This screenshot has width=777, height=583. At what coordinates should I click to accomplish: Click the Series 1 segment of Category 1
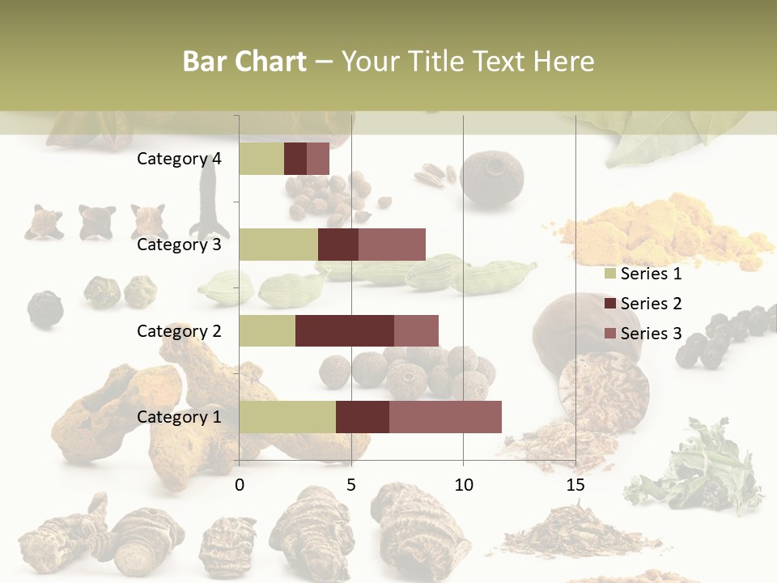[x=287, y=416]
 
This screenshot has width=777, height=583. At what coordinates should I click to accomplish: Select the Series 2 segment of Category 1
[x=363, y=416]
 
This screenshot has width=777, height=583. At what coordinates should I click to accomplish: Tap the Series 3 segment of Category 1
[x=445, y=416]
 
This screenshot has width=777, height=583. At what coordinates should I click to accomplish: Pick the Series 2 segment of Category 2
[x=345, y=330]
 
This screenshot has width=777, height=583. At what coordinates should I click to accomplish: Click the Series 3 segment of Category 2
[x=416, y=330]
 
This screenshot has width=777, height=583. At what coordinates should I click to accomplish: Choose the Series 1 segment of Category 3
[x=278, y=245]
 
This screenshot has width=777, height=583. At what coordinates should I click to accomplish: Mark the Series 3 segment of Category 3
[x=392, y=245]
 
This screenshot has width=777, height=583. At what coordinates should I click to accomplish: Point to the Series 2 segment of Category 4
[x=295, y=159]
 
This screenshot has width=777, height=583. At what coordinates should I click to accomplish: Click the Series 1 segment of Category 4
[x=261, y=159]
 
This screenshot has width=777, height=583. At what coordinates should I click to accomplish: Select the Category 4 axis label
[x=179, y=159]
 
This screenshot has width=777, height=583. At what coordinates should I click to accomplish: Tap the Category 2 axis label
[x=179, y=330]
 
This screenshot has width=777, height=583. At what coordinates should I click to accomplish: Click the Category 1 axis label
[x=179, y=417]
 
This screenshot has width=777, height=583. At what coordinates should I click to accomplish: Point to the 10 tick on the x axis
[x=463, y=485]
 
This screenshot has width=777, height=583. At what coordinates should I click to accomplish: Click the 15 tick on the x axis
[x=575, y=485]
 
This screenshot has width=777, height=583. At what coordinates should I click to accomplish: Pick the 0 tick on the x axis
[x=240, y=485]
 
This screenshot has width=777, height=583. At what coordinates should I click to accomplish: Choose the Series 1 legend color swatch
[x=609, y=274]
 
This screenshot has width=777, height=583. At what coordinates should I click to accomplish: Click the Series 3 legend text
[x=651, y=333]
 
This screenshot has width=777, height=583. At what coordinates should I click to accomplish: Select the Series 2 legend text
[x=651, y=304]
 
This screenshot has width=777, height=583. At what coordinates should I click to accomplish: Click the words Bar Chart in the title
[x=244, y=62]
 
